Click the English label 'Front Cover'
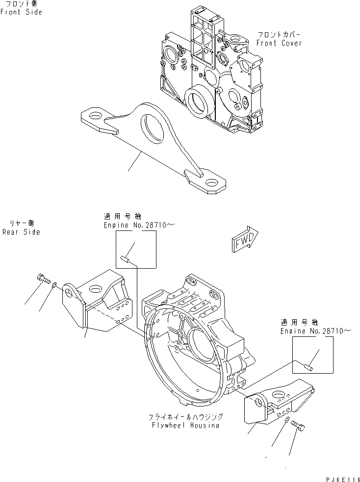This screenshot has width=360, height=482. pyautogui.click(x=279, y=43)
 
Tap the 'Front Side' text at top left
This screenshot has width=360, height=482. pyautogui.click(x=21, y=12)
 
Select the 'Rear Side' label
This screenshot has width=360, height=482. pyautogui.click(x=21, y=232)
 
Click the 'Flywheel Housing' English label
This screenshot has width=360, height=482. pyautogui.click(x=186, y=425)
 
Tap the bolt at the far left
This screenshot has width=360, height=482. pyautogui.click(x=43, y=280)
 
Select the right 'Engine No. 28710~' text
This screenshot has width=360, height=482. pyautogui.click(x=316, y=331)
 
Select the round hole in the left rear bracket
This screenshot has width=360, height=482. pyautogui.click(x=72, y=293)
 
